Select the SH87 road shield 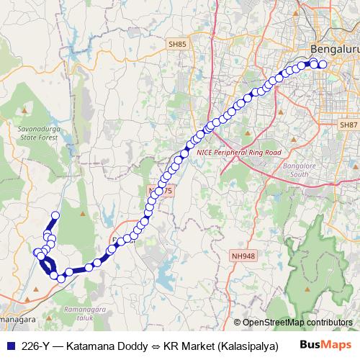coord(348,125)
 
